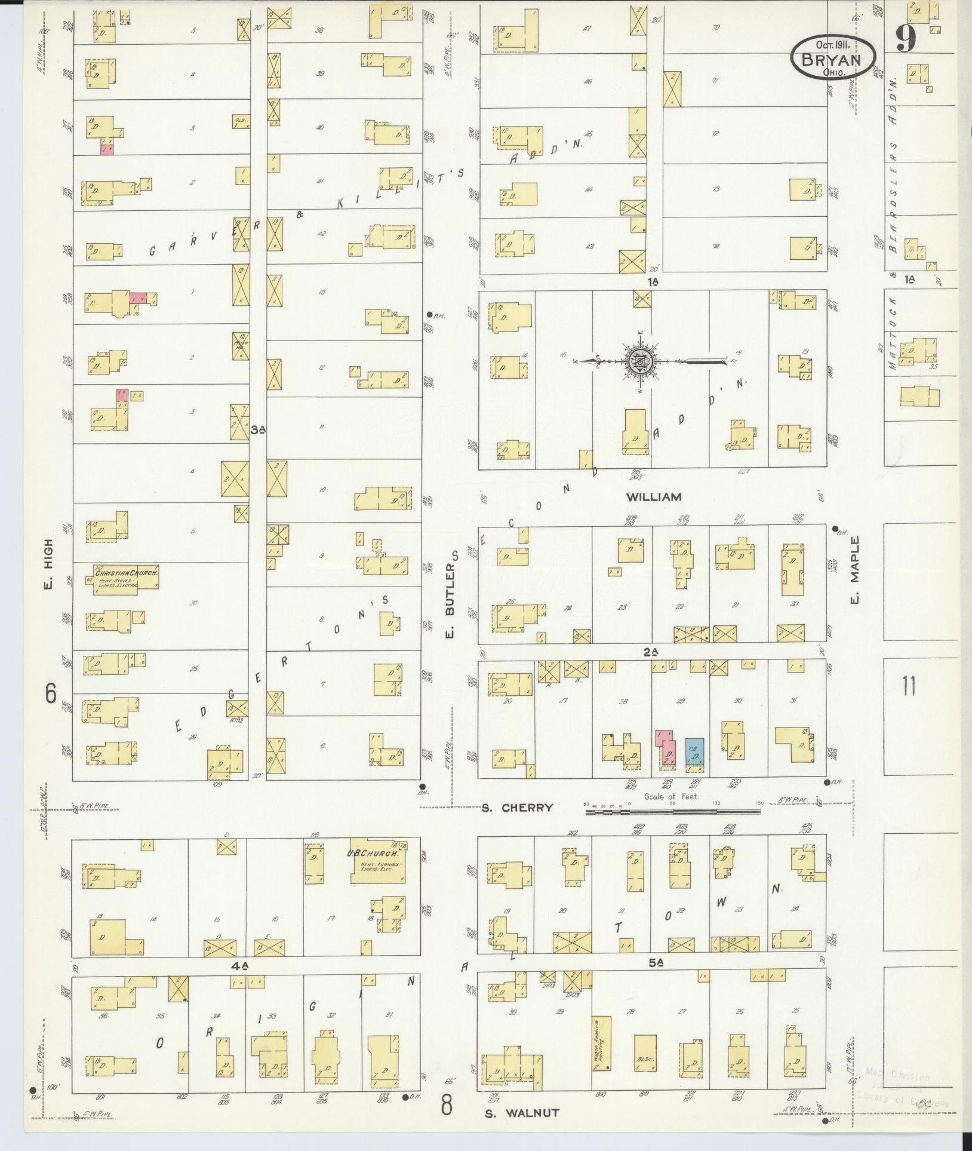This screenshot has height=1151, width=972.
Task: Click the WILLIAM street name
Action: pyautogui.click(x=653, y=497)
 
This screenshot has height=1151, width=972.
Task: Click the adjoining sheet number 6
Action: pyautogui.click(x=51, y=694)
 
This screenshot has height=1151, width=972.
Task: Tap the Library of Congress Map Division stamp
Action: pyautogui.click(x=902, y=1086)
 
